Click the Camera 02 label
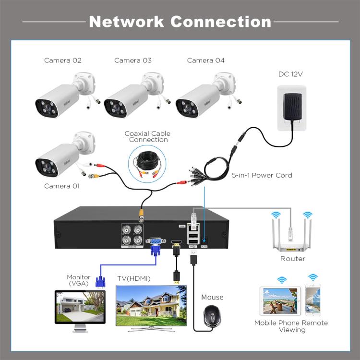tap(62, 60)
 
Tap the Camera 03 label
tap(132, 60)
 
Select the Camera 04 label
tap(205, 60)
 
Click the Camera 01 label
tap(62, 186)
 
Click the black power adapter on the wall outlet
tap(292, 108)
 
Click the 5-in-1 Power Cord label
tap(262, 175)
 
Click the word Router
tap(292, 259)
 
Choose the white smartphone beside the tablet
tap(313, 300)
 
